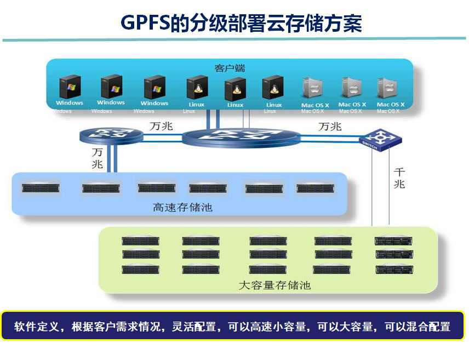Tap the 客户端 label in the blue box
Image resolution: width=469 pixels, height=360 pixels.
pyautogui.click(x=230, y=68)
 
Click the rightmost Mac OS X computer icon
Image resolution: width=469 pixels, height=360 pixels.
pyautogui.click(x=390, y=88)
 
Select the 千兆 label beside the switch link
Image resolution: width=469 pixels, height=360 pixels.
pyautogui.click(x=399, y=178)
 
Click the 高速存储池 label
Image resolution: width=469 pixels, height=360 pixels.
pyautogui.click(x=182, y=208)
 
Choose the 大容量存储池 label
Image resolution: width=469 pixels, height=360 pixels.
pyautogui.click(x=274, y=285)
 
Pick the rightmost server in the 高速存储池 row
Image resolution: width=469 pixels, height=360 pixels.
pyautogui.click(x=316, y=188)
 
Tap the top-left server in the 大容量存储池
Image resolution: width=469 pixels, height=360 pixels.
pyautogui.click(x=140, y=241)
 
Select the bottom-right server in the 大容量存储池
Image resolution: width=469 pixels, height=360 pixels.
pyautogui.click(x=393, y=269)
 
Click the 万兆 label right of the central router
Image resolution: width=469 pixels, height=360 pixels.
pyautogui.click(x=330, y=127)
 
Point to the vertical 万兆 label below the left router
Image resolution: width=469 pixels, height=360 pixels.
pyautogui.click(x=97, y=158)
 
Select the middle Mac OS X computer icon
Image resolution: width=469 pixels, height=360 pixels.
pyautogui.click(x=352, y=88)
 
